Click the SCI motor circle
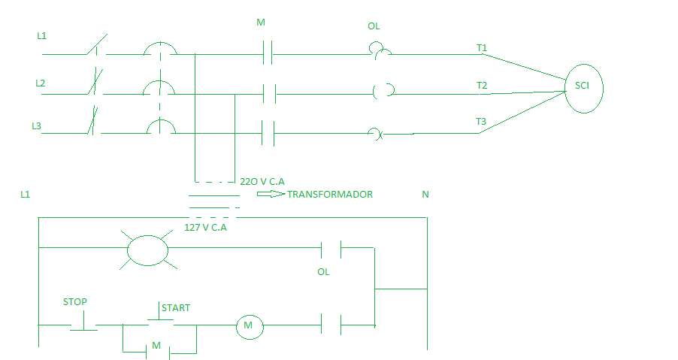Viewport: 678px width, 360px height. click(x=583, y=87)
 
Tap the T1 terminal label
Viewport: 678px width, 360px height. click(x=482, y=48)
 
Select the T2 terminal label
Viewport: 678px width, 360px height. click(x=482, y=86)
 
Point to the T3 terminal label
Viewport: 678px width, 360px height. click(x=482, y=122)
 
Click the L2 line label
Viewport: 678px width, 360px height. click(x=41, y=83)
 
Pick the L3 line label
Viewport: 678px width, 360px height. click(x=36, y=126)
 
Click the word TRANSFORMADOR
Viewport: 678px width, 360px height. click(x=330, y=194)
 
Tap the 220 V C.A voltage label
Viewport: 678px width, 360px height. click(x=262, y=181)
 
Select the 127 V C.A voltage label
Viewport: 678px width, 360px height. click(x=205, y=226)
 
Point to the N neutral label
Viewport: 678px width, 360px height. click(x=425, y=195)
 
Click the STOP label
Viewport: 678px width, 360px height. click(x=75, y=302)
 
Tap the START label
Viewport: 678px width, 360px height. click(x=176, y=308)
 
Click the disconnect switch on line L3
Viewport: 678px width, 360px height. click(x=92, y=124)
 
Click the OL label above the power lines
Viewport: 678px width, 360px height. click(x=374, y=26)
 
